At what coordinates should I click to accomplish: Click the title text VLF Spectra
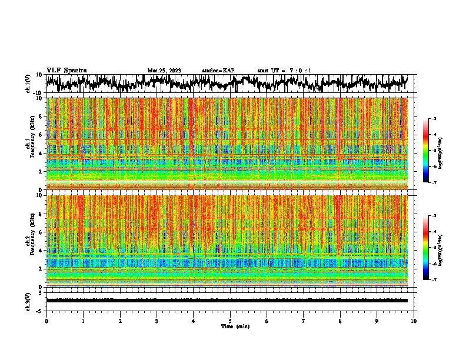(x=66, y=71)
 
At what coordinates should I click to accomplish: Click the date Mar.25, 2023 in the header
(x=164, y=71)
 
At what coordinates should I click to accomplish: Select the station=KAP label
(x=218, y=71)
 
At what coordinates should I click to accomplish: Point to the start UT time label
(x=284, y=71)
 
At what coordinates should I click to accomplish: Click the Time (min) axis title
(x=230, y=326)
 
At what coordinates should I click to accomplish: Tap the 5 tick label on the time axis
(x=230, y=321)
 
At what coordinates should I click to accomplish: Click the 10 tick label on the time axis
(x=414, y=321)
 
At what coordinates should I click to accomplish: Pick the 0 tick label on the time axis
(x=46, y=321)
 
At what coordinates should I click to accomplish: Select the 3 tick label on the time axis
(x=157, y=321)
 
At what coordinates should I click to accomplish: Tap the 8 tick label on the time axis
(x=340, y=321)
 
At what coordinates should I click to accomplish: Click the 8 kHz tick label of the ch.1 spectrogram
(x=42, y=116)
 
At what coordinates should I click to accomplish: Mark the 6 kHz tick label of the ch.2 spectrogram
(x=42, y=232)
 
